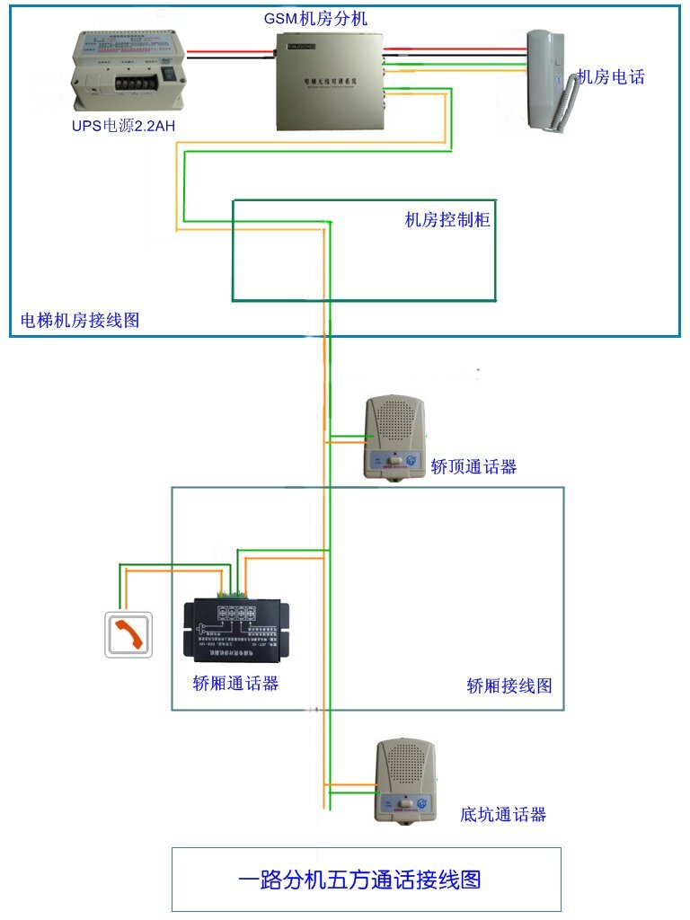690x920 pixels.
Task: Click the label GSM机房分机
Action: click(x=315, y=18)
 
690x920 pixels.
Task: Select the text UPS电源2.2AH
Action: click(x=123, y=126)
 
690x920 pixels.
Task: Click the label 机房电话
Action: click(x=611, y=76)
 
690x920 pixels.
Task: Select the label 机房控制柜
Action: click(x=447, y=219)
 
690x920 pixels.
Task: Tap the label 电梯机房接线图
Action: click(x=80, y=320)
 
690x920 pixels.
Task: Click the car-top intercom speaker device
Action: click(x=393, y=437)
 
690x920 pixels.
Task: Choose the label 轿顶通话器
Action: click(x=473, y=466)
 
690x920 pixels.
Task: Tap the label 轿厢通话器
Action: click(x=235, y=683)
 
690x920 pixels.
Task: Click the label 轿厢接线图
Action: click(x=509, y=686)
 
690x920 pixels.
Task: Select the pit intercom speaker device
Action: click(x=406, y=780)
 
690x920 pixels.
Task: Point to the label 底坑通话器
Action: click(x=503, y=815)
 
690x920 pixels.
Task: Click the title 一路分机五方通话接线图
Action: click(x=366, y=879)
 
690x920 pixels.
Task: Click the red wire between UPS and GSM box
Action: click(x=231, y=52)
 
